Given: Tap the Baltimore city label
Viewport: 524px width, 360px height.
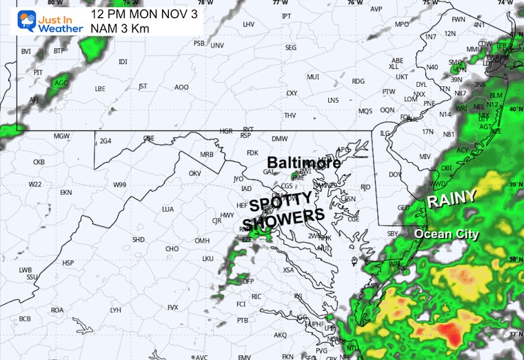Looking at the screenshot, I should [x=304, y=163].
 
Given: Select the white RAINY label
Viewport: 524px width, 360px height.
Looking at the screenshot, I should [x=452, y=199].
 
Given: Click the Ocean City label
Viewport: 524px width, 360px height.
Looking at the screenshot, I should [x=446, y=234].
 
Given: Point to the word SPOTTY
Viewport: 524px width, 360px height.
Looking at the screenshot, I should [x=281, y=202].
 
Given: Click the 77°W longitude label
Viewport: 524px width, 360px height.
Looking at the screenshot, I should [x=279, y=3].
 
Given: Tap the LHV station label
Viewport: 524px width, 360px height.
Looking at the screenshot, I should [x=249, y=24].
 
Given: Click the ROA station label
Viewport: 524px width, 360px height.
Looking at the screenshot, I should [x=57, y=310].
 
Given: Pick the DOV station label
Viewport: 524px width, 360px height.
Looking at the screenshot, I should [x=395, y=174].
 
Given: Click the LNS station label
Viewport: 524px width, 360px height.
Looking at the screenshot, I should [x=333, y=100].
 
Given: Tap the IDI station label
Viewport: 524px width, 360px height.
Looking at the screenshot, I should [x=123, y=61].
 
